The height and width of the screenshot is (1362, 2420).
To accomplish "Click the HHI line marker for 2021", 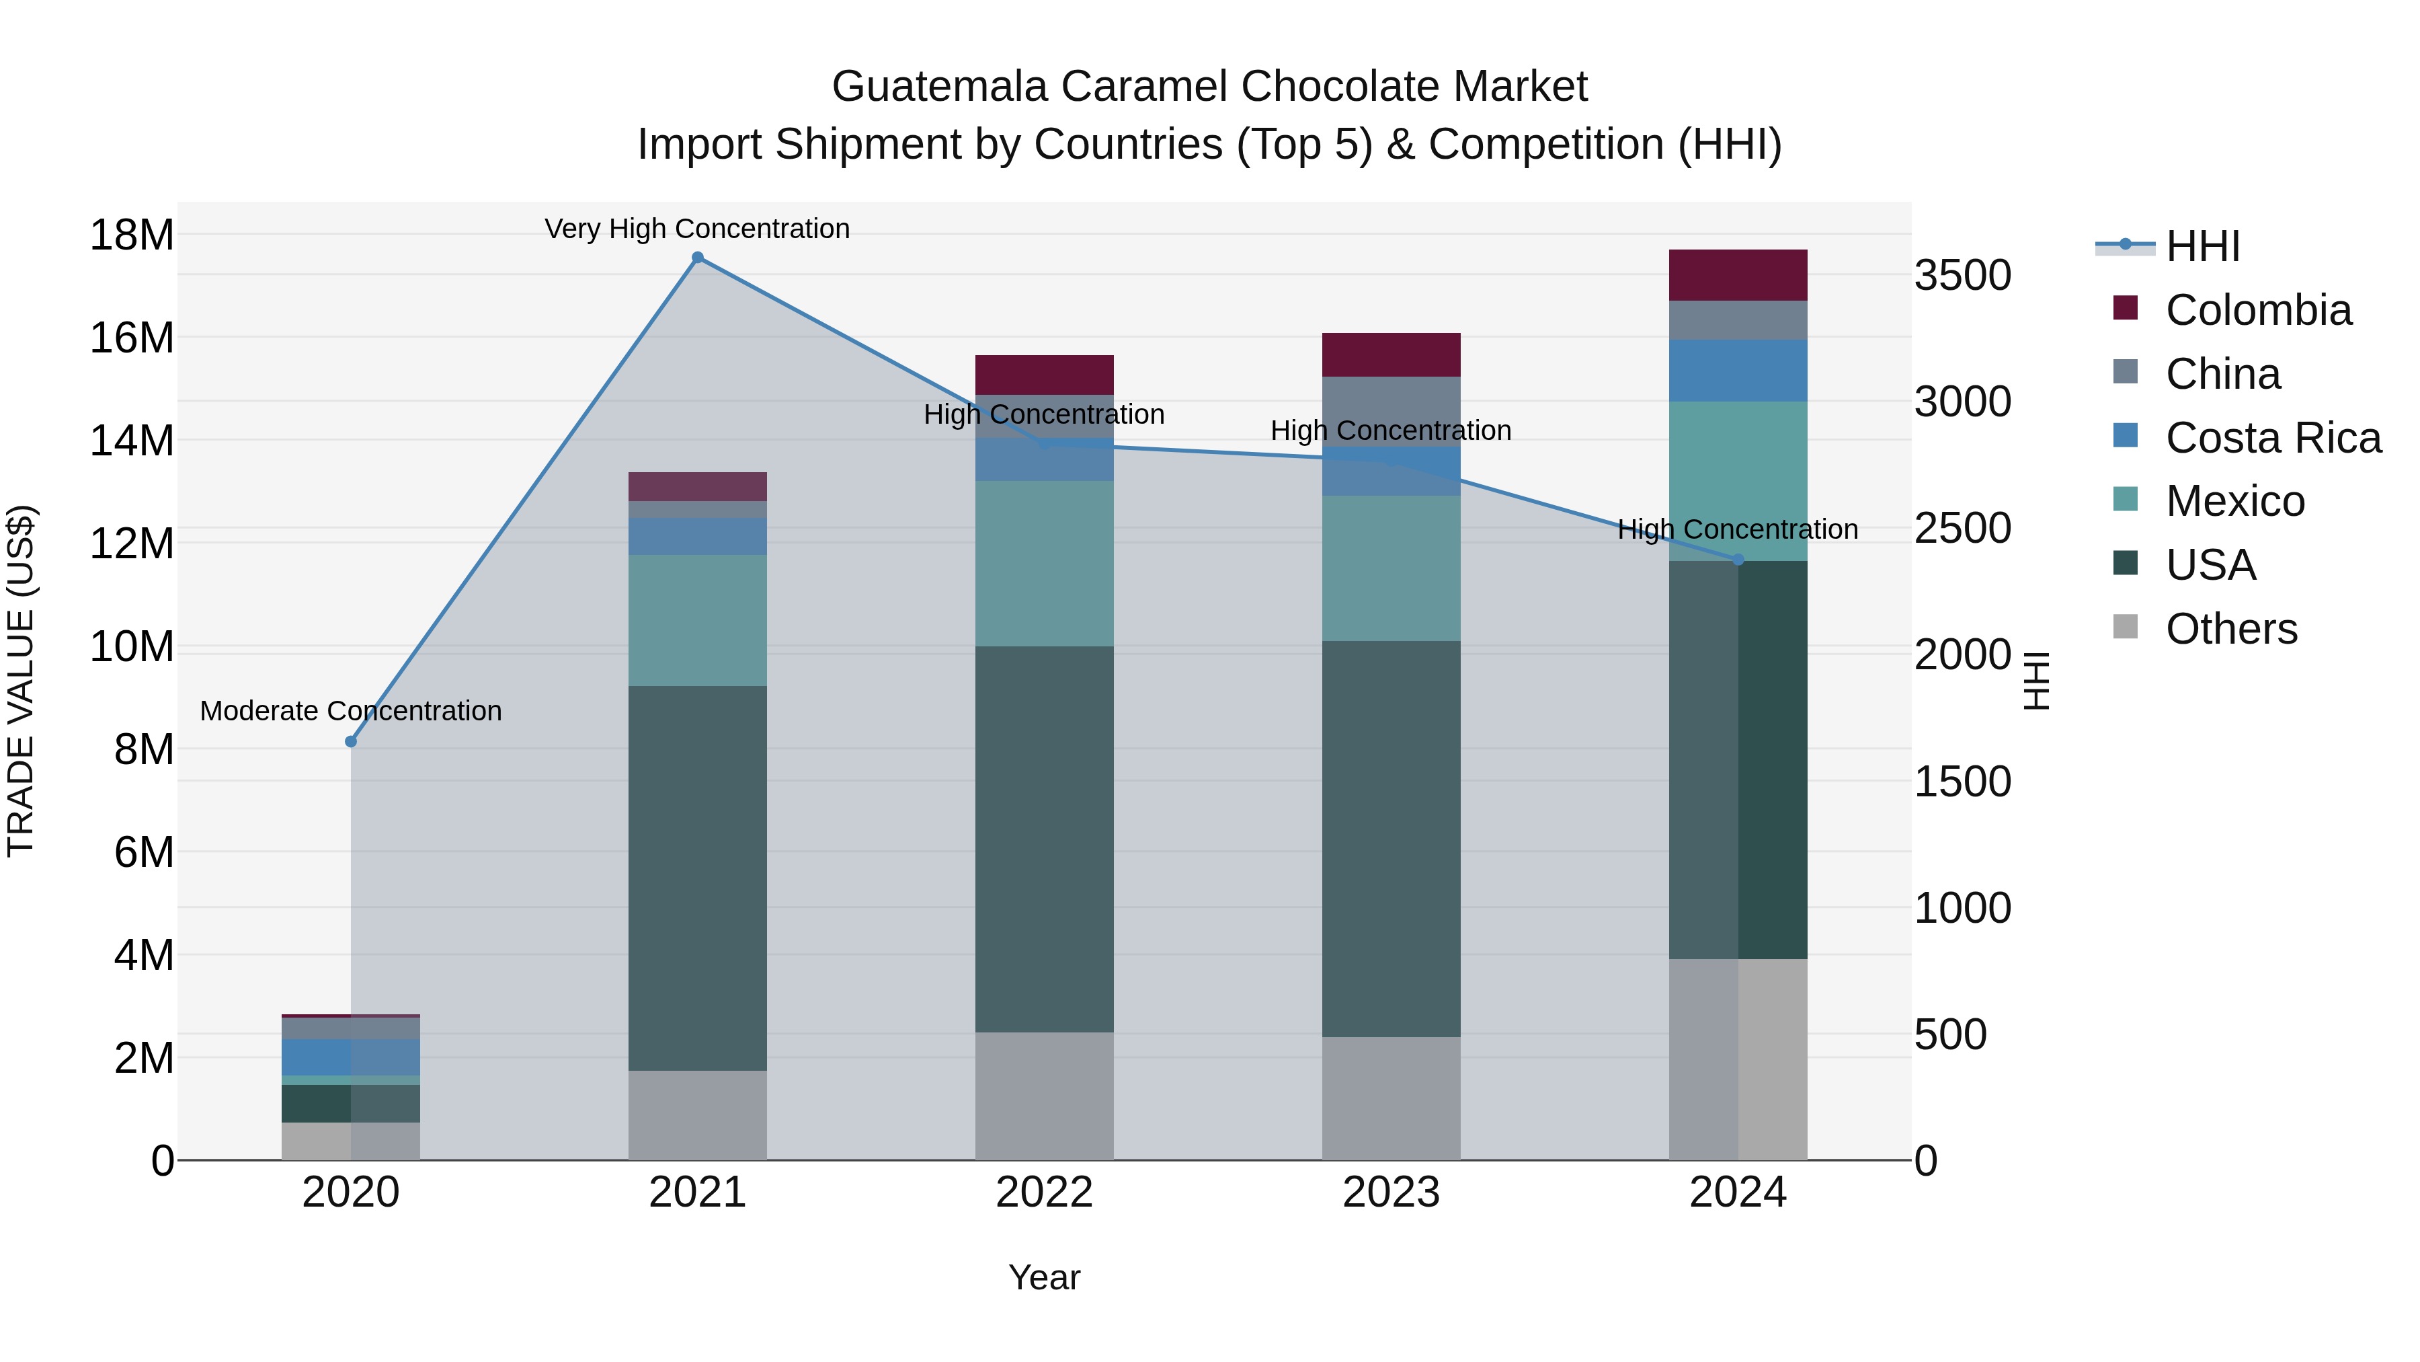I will point(697,258).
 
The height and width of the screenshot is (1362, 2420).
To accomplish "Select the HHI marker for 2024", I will point(1737,560).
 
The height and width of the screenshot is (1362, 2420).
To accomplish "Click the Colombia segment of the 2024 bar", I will point(1737,275).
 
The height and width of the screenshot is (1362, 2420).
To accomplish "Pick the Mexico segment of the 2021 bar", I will point(697,620).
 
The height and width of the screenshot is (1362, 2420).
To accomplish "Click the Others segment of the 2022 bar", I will point(1044,1096).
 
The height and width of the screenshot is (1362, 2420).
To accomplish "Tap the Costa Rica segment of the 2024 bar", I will point(1737,371).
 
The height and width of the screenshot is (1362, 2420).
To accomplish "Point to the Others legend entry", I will point(2230,629).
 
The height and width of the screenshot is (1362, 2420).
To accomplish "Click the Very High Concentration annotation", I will point(697,229).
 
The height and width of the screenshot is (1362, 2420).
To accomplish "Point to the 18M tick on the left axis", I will point(132,234).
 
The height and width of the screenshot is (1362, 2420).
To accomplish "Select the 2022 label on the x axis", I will point(1044,1193).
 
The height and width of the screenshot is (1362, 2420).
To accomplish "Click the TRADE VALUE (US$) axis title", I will point(21,681).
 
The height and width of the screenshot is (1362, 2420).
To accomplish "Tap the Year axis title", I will point(1044,1277).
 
